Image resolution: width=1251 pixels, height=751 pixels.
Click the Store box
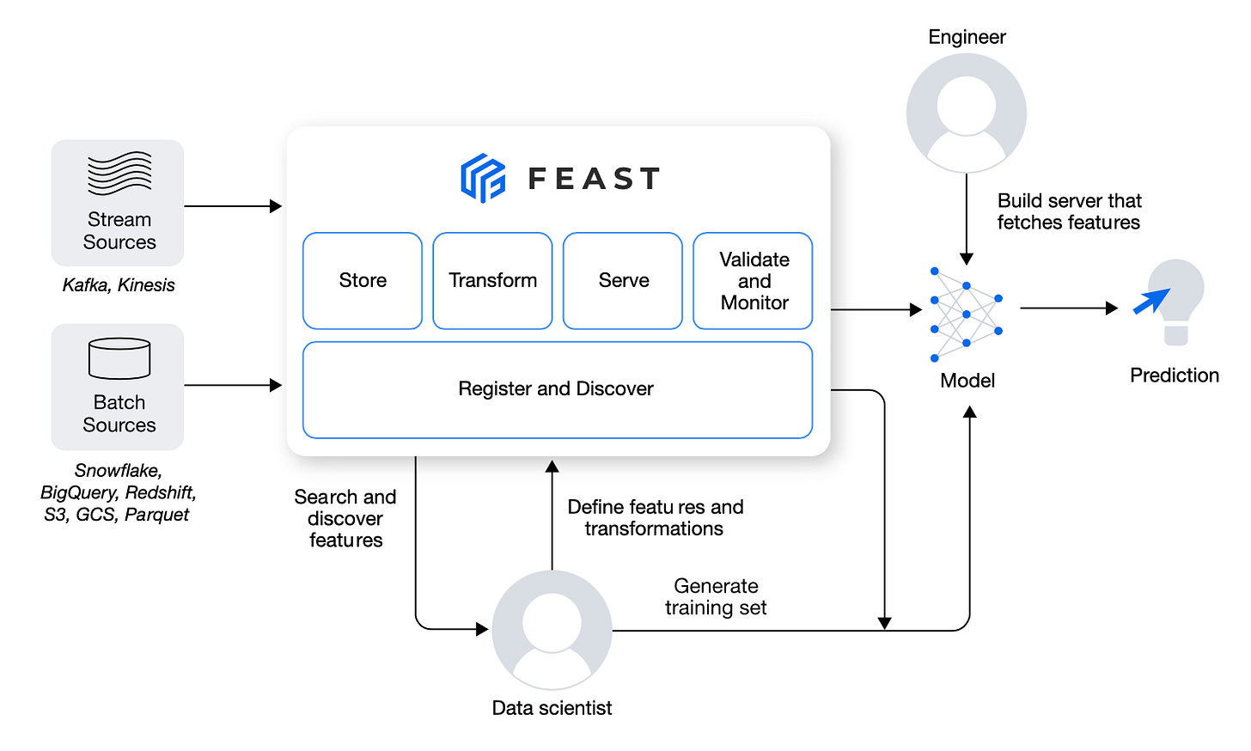pyautogui.click(x=363, y=281)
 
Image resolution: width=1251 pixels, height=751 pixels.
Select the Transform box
pyautogui.click(x=492, y=281)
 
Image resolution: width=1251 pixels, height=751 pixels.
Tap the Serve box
pyautogui.click(x=623, y=281)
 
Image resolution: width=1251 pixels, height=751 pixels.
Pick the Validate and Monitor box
pyautogui.click(x=753, y=281)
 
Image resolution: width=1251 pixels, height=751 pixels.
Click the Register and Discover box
pyautogui.click(x=558, y=390)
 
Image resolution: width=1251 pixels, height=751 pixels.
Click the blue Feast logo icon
pyautogui.click(x=483, y=178)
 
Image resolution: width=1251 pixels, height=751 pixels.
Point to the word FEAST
pyautogui.click(x=595, y=179)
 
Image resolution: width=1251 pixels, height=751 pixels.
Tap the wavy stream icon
pyautogui.click(x=119, y=173)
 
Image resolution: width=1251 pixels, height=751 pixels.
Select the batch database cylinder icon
pyautogui.click(x=119, y=358)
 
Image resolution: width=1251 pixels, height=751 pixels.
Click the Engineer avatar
pyautogui.click(x=966, y=113)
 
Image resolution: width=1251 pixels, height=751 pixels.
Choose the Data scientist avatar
pyautogui.click(x=552, y=630)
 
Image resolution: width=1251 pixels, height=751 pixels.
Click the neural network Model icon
pyautogui.click(x=966, y=314)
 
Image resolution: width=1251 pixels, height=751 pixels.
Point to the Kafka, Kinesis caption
pyautogui.click(x=119, y=285)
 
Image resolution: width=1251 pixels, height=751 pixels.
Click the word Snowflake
pyautogui.click(x=119, y=471)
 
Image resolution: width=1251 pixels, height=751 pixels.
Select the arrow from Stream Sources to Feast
pyautogui.click(x=233, y=206)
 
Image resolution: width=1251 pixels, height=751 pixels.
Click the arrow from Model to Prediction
pyautogui.click(x=1069, y=308)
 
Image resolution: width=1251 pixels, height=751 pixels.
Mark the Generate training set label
pyautogui.click(x=716, y=597)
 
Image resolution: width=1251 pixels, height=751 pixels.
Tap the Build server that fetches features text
pyautogui.click(x=1069, y=211)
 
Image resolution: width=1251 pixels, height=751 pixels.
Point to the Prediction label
pyautogui.click(x=1175, y=375)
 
